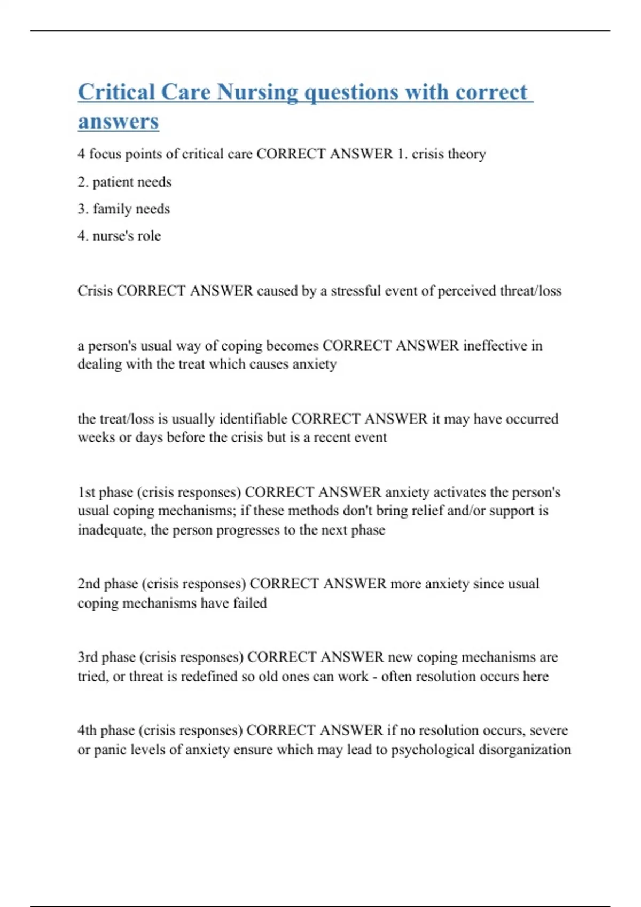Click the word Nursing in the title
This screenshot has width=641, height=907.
click(257, 92)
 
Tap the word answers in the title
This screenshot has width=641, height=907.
click(118, 121)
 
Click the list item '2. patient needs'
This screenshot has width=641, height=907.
click(124, 182)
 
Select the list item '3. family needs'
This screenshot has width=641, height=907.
click(123, 209)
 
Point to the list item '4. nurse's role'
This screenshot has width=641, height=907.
click(119, 236)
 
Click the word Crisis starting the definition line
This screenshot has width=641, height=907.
click(95, 291)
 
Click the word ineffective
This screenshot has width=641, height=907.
click(495, 346)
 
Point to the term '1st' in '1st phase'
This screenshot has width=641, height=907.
click(86, 492)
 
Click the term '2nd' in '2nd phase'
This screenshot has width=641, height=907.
click(89, 584)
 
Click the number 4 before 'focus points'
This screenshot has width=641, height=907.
click(81, 154)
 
